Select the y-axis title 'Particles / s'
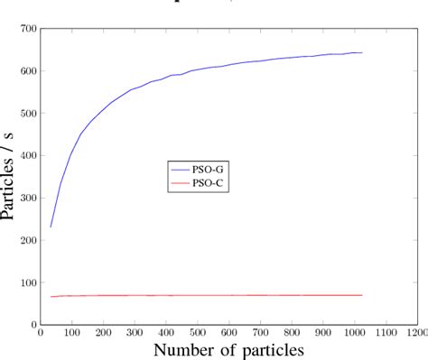click(x=9, y=176)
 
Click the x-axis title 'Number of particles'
click(x=228, y=349)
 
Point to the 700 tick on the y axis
click(x=26, y=29)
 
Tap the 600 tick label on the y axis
click(x=26, y=71)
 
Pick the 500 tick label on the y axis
click(x=26, y=114)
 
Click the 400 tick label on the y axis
click(x=26, y=156)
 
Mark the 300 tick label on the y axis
click(x=26, y=198)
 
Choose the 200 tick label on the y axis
click(x=26, y=241)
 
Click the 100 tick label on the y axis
click(x=26, y=283)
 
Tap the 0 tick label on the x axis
click(x=41, y=332)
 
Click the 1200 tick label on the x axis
click(x=416, y=332)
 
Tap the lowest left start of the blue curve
click(x=51, y=226)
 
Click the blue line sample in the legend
click(x=180, y=168)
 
